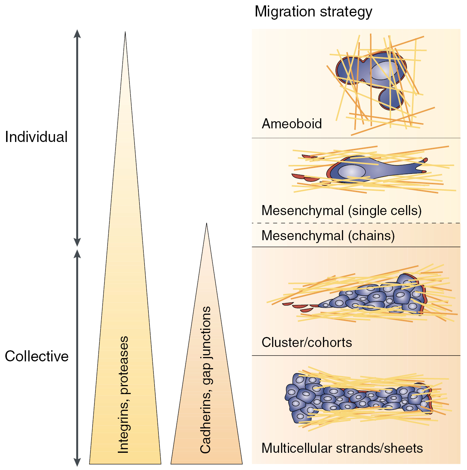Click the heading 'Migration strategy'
coord(313,12)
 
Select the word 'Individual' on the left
coord(36,137)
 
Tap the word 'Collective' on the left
coord(37,356)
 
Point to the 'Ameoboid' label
coord(292,124)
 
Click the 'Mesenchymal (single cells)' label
coord(341,210)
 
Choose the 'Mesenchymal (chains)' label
coord(328,236)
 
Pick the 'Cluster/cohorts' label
coord(307,342)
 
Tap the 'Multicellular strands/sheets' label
coord(342,448)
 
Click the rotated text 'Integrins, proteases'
coord(124,394)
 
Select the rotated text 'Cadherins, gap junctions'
coord(206,380)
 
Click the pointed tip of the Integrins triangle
coord(125,33)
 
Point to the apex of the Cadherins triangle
coord(206,224)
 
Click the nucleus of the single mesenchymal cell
coord(352,171)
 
